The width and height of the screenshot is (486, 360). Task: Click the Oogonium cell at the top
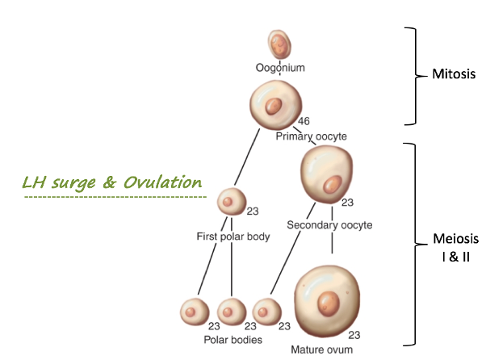click(279, 43)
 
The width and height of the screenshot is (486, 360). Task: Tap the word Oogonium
click(280, 68)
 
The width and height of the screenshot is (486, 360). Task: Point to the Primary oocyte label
click(311, 136)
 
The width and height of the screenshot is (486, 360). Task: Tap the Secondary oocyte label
click(329, 225)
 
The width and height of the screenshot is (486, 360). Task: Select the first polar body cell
click(231, 202)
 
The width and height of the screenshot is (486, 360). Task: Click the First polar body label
click(233, 237)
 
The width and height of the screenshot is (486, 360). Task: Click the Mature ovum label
click(320, 351)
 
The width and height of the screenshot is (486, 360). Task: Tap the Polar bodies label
click(233, 340)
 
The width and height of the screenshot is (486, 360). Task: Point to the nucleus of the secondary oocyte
click(331, 186)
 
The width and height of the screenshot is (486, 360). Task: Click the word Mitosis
click(451, 74)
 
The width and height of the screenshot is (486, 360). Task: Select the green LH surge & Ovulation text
click(112, 182)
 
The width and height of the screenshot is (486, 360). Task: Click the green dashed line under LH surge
click(115, 197)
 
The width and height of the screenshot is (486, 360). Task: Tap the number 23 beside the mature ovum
click(354, 334)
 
